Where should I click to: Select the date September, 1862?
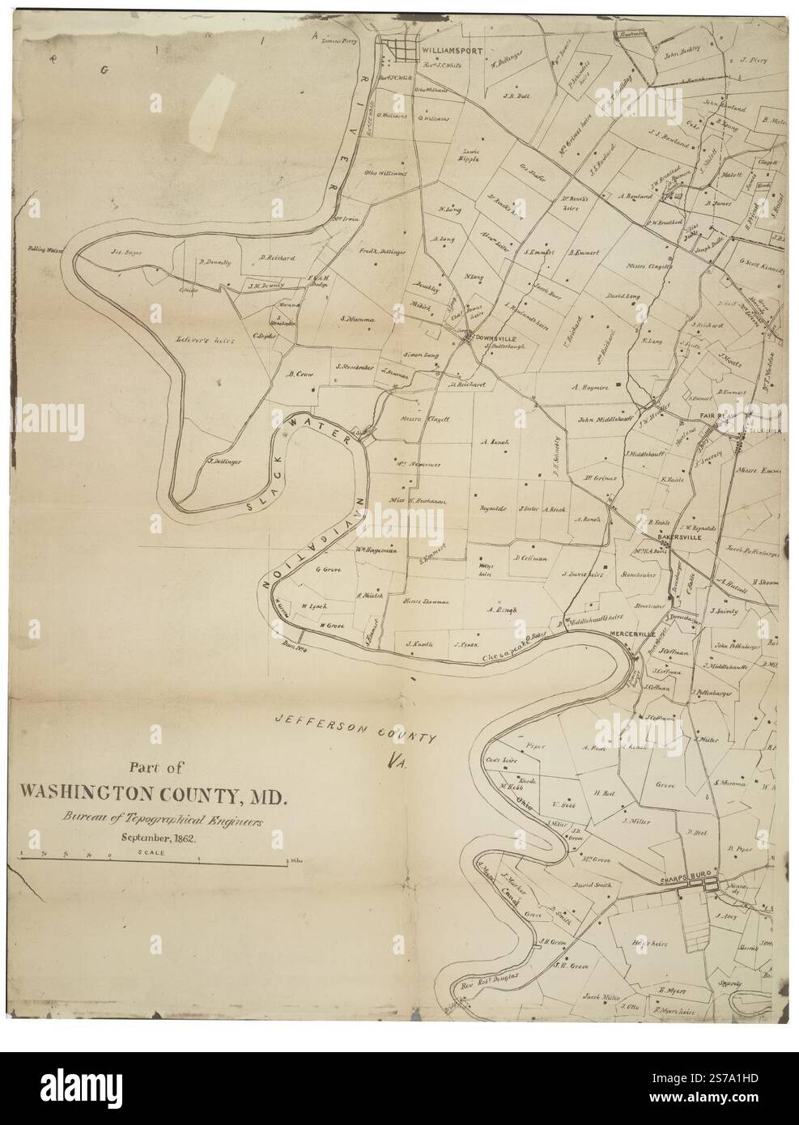153,838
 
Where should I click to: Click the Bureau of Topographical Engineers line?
154,819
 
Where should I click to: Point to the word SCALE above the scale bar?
151,852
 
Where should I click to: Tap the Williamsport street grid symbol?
399,49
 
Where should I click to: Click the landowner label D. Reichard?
277,258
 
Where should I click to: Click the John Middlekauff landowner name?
604,419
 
